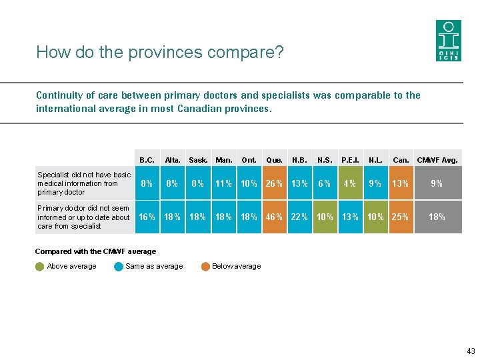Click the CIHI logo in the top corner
click(x=448, y=41)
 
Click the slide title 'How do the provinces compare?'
click(x=160, y=52)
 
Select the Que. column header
click(x=274, y=160)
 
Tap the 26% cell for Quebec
click(x=274, y=183)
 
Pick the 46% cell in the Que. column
click(x=274, y=217)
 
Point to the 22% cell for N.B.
click(x=299, y=217)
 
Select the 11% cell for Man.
click(x=223, y=183)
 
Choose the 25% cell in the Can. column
click(x=401, y=217)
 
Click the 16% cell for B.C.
click(x=147, y=217)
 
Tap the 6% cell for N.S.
click(x=325, y=183)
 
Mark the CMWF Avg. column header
click(x=437, y=160)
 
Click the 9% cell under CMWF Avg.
click(x=437, y=183)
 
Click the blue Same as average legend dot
click(x=119, y=267)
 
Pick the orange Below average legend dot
click(x=205, y=267)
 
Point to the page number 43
click(x=471, y=351)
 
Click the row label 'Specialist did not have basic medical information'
click(x=84, y=183)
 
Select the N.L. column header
click(x=375, y=160)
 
